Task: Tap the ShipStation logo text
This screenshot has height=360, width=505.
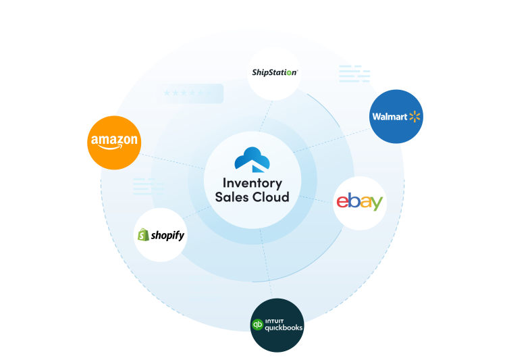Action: [273, 72]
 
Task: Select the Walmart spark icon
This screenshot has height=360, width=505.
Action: [415, 117]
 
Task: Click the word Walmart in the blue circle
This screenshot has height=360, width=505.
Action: [390, 117]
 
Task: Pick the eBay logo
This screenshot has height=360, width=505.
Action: [360, 201]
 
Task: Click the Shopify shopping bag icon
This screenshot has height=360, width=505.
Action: [142, 235]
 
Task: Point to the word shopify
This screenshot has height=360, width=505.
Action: [167, 236]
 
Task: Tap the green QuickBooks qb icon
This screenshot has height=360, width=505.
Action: [257, 325]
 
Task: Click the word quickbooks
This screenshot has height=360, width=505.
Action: [284, 328]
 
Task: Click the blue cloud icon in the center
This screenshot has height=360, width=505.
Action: [252, 159]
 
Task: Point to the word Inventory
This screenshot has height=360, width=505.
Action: [252, 182]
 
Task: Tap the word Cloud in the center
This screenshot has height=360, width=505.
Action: [270, 197]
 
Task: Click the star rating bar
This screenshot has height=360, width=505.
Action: [192, 93]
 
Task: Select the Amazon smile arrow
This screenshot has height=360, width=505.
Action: [115, 149]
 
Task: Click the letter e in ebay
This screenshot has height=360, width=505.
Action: [342, 201]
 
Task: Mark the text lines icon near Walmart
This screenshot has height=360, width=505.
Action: [354, 74]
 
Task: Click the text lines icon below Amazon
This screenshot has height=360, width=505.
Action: [147, 186]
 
